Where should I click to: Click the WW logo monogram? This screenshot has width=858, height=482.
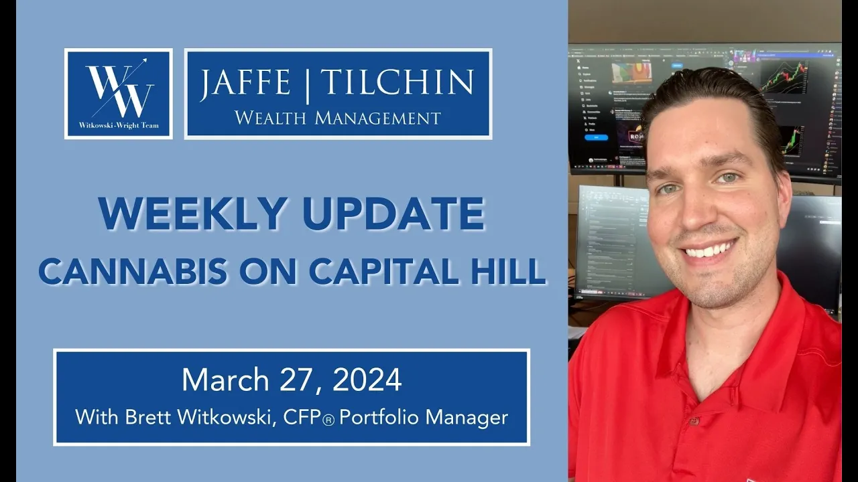tap(119, 89)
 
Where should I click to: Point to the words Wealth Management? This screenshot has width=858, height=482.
tap(338, 118)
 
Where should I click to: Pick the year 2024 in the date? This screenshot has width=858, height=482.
tap(367, 380)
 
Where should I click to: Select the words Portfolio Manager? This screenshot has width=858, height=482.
tap(424, 418)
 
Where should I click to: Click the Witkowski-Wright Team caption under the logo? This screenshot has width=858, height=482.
tap(119, 125)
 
